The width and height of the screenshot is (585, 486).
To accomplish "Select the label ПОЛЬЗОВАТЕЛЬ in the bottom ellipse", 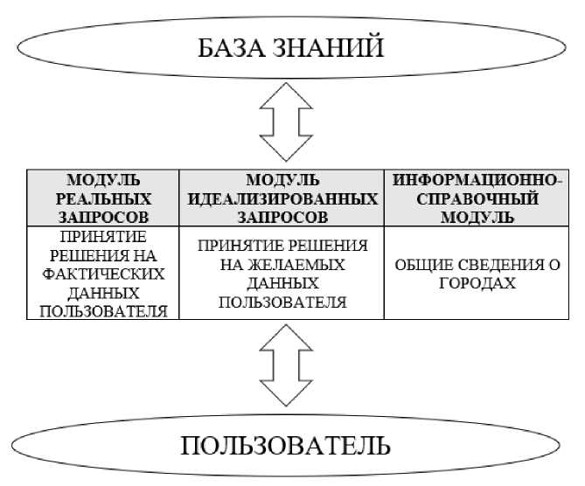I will pos(286,447).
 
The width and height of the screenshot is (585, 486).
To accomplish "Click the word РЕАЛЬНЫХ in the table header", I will pos(103,198).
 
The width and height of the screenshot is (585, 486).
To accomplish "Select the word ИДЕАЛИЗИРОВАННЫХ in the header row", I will pos(282,198).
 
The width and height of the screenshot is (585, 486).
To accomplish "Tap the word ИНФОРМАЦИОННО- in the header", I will pos(477,181).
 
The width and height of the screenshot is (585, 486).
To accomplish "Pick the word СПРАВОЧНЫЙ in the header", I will pos(477,198).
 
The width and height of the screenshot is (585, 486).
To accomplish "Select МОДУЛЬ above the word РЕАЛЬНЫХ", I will pos(103,181).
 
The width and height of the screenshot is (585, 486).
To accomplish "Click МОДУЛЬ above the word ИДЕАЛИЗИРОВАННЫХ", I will pos(282,181).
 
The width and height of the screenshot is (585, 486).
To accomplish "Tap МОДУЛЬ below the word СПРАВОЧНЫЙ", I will pos(477,216).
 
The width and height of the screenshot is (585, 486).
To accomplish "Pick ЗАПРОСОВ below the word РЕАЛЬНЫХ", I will pos(103,216).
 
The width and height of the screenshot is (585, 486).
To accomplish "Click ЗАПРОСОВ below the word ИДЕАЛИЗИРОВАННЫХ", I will pos(282,216).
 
